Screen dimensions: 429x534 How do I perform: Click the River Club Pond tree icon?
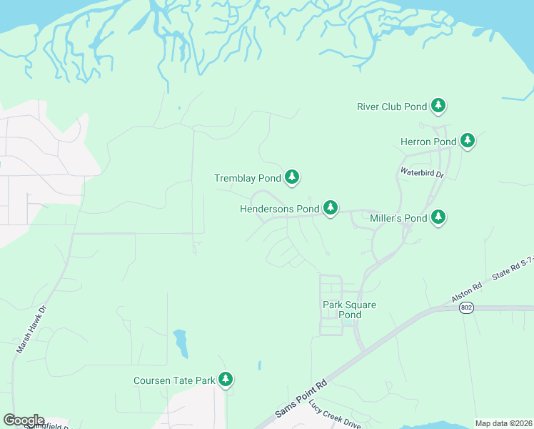[x=438, y=107]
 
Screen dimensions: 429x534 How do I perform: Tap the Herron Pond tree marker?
[x=468, y=140]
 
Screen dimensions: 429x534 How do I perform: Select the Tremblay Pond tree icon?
[x=291, y=177]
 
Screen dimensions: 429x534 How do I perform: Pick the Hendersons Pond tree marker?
[x=330, y=208]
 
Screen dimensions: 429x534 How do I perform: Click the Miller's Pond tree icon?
[x=438, y=217]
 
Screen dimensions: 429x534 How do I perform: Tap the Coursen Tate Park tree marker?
[x=226, y=379]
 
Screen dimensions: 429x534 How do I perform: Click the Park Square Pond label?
[x=349, y=310]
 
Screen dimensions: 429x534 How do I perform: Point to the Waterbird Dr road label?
[x=422, y=172]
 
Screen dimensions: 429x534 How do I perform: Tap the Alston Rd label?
[x=467, y=292]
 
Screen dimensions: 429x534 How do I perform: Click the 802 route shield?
[x=466, y=307]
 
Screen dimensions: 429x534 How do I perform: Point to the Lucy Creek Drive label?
[x=335, y=413]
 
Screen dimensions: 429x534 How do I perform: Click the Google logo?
[x=24, y=420]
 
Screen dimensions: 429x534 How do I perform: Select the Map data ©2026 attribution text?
[x=503, y=423]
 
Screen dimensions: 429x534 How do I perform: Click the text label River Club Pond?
[x=391, y=107]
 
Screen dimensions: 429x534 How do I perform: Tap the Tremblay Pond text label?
[x=248, y=178]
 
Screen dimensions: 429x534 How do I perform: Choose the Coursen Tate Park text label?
[x=174, y=380]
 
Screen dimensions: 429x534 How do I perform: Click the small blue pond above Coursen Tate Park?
[x=181, y=342]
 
